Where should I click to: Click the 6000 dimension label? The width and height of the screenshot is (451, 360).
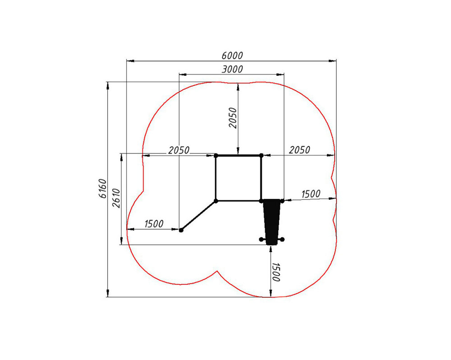[232, 55]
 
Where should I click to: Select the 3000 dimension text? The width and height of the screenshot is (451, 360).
[232, 69]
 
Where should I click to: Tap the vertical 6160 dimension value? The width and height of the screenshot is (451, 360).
[102, 189]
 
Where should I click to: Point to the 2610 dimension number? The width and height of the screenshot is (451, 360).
[116, 198]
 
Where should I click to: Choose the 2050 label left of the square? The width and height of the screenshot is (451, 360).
[179, 150]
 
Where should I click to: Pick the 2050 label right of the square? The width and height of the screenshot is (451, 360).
[299, 150]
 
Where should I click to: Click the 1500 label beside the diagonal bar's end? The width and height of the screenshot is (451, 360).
[154, 224]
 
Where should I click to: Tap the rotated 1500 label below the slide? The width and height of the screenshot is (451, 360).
[276, 272]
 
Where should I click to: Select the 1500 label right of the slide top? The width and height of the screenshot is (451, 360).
[311, 194]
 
